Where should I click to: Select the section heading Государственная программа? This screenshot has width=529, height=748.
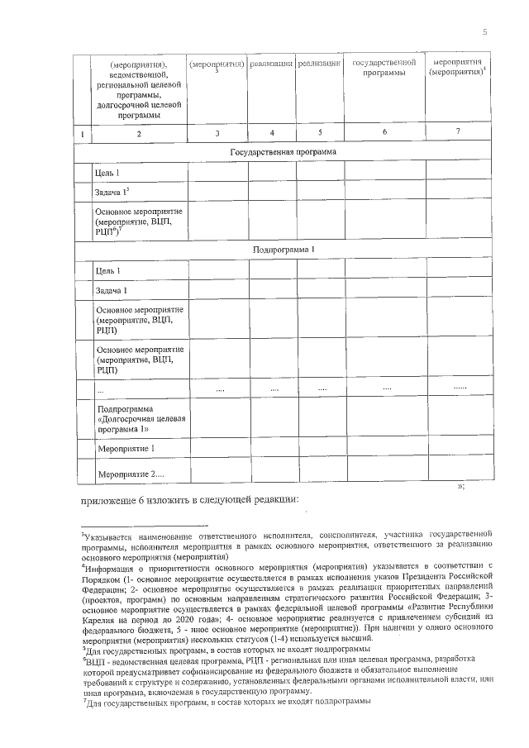(284, 153)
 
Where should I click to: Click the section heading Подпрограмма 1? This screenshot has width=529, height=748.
(284, 249)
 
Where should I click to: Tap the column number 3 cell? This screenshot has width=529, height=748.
(217, 133)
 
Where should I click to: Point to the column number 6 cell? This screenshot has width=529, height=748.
(384, 132)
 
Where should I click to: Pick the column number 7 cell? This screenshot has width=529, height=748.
(458, 132)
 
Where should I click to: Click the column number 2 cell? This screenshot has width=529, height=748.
(139, 134)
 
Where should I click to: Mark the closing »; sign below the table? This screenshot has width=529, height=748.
(460, 486)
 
